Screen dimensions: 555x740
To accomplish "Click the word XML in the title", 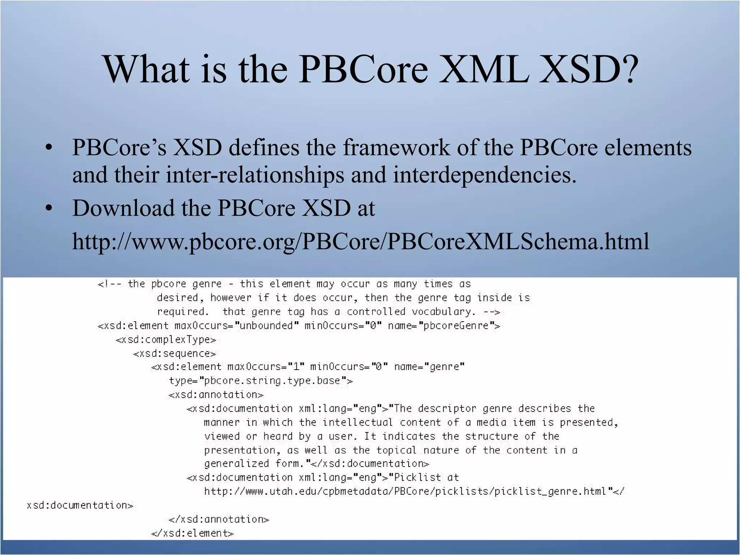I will [x=484, y=69].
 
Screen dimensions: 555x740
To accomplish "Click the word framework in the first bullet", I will [x=396, y=148].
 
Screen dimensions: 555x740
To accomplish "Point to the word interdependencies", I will [x=484, y=175].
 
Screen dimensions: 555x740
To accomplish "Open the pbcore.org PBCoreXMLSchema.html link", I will [x=361, y=241].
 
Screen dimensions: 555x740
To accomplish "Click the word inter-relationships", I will [x=255, y=175].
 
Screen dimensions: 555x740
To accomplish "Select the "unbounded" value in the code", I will [x=267, y=326].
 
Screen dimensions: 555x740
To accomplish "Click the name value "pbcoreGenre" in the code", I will [x=456, y=326].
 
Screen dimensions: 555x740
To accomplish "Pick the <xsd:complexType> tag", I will [x=166, y=340].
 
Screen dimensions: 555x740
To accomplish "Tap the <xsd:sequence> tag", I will [x=175, y=353].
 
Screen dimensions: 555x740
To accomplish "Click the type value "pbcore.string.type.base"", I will [x=272, y=381].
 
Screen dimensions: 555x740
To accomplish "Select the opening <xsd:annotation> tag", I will [x=216, y=395].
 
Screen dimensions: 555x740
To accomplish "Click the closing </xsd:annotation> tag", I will [x=219, y=519].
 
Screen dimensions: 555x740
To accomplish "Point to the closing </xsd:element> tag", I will [x=193, y=533].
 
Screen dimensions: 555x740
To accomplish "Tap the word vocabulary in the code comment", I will [x=443, y=312].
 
